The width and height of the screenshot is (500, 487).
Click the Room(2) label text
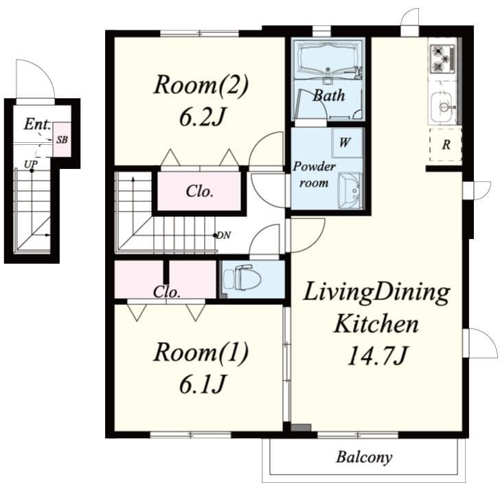[200, 86]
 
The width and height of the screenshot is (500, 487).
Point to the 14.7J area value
[376, 356]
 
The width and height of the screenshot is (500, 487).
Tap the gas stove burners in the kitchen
[440, 59]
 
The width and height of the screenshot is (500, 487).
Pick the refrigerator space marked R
[446, 145]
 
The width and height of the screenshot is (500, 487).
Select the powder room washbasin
[349, 188]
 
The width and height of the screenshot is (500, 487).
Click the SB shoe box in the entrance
[62, 139]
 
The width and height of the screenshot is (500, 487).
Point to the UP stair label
[30, 164]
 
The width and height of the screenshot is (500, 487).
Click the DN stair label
[223, 236]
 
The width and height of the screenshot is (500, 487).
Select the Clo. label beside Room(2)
[199, 192]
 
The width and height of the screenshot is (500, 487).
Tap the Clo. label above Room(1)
[167, 291]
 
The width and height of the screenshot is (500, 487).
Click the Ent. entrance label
[36, 124]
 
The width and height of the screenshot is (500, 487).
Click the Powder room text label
[315, 175]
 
